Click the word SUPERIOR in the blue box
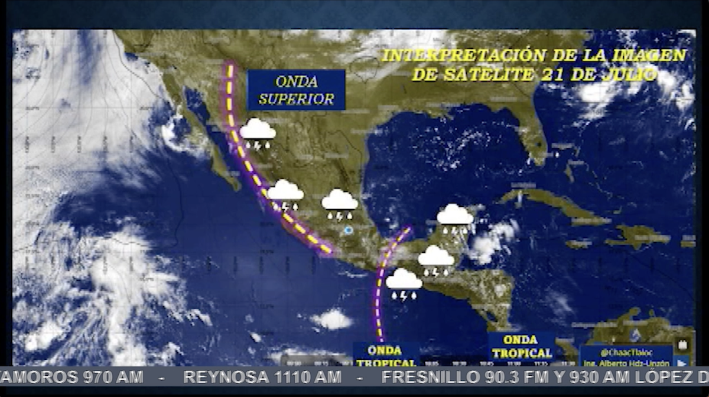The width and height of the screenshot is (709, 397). (x=296, y=99)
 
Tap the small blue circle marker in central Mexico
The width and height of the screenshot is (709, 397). (x=349, y=230)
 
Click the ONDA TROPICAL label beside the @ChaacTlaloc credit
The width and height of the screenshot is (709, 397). (x=521, y=347)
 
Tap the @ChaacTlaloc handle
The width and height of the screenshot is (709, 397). (x=626, y=352)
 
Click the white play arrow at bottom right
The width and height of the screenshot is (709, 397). (x=683, y=363)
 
